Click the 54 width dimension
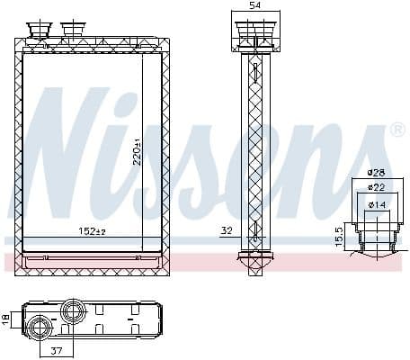255,6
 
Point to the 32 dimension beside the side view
226,231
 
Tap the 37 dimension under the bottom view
56,350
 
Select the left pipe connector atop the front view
40,32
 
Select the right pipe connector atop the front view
72,32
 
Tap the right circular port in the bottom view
73,313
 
